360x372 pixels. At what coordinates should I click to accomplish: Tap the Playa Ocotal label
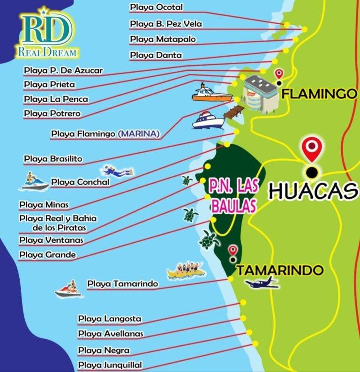click(x=157, y=7)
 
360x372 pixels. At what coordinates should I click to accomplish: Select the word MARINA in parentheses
click(x=139, y=134)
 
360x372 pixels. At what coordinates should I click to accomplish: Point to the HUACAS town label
click(x=313, y=191)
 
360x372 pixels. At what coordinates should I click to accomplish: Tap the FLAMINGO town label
click(x=320, y=94)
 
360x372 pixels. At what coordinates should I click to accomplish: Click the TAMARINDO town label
click(x=280, y=270)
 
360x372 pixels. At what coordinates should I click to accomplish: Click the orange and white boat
click(x=212, y=94)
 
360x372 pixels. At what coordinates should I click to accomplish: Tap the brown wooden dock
click(x=234, y=112)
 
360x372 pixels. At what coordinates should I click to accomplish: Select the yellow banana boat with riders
click(x=186, y=271)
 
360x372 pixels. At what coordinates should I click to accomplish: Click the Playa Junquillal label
click(x=110, y=365)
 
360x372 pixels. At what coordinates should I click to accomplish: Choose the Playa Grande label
click(x=47, y=255)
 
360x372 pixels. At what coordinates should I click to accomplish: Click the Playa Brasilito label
click(x=53, y=159)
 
